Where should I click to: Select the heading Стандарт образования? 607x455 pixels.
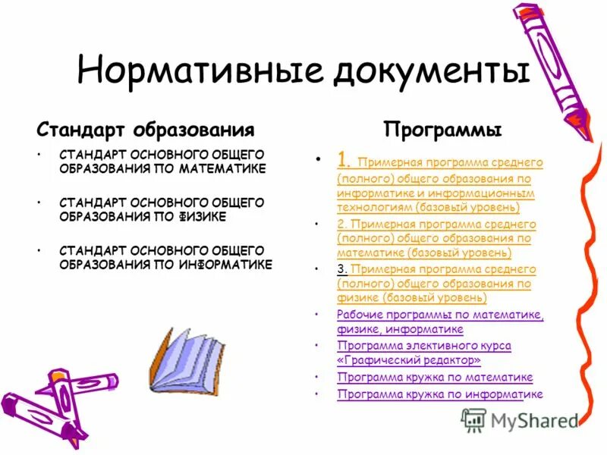click(146, 129)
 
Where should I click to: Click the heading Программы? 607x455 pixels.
click(442, 130)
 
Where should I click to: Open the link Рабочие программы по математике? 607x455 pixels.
click(441, 315)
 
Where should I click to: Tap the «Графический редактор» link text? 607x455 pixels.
click(409, 359)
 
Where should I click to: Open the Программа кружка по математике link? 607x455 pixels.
click(435, 377)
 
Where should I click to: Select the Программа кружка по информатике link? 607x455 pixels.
click(440, 394)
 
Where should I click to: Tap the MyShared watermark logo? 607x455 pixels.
click(520, 419)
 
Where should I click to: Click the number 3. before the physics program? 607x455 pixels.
click(342, 269)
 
